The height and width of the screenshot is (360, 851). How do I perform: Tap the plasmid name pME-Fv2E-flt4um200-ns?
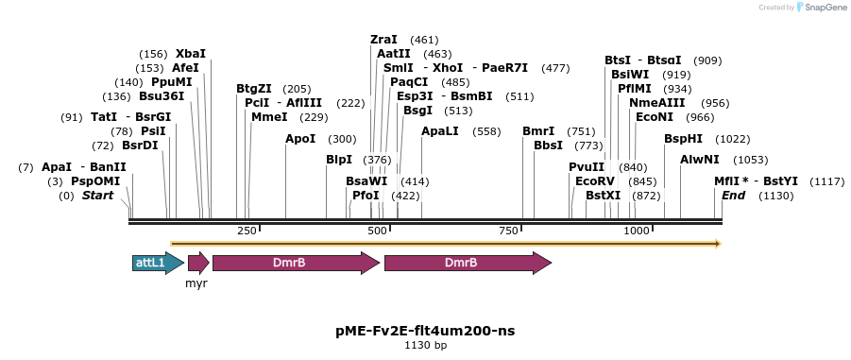pyautogui.click(x=425, y=331)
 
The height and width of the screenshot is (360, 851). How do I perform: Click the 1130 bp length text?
pyautogui.click(x=425, y=346)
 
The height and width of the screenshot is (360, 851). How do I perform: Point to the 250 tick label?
pyautogui.click(x=247, y=231)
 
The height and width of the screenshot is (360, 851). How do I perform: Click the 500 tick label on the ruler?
pyautogui.click(x=377, y=231)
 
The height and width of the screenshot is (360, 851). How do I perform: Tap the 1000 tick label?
pyautogui.click(x=637, y=231)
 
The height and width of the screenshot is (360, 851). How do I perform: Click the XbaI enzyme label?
pyautogui.click(x=190, y=54)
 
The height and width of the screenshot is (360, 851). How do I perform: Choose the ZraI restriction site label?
pyautogui.click(x=384, y=40)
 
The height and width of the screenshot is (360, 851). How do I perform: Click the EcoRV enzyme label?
pyautogui.click(x=595, y=181)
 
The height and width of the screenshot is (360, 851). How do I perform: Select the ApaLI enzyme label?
pyautogui.click(x=440, y=131)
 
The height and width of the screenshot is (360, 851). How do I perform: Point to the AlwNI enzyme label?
pyautogui.click(x=700, y=160)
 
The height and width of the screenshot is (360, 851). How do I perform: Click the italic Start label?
pyautogui.click(x=97, y=196)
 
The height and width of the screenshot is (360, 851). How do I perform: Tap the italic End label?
pyautogui.click(x=734, y=196)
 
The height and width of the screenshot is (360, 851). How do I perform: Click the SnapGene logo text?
pyautogui.click(x=823, y=8)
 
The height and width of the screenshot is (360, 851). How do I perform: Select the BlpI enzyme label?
pyautogui.click(x=339, y=160)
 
